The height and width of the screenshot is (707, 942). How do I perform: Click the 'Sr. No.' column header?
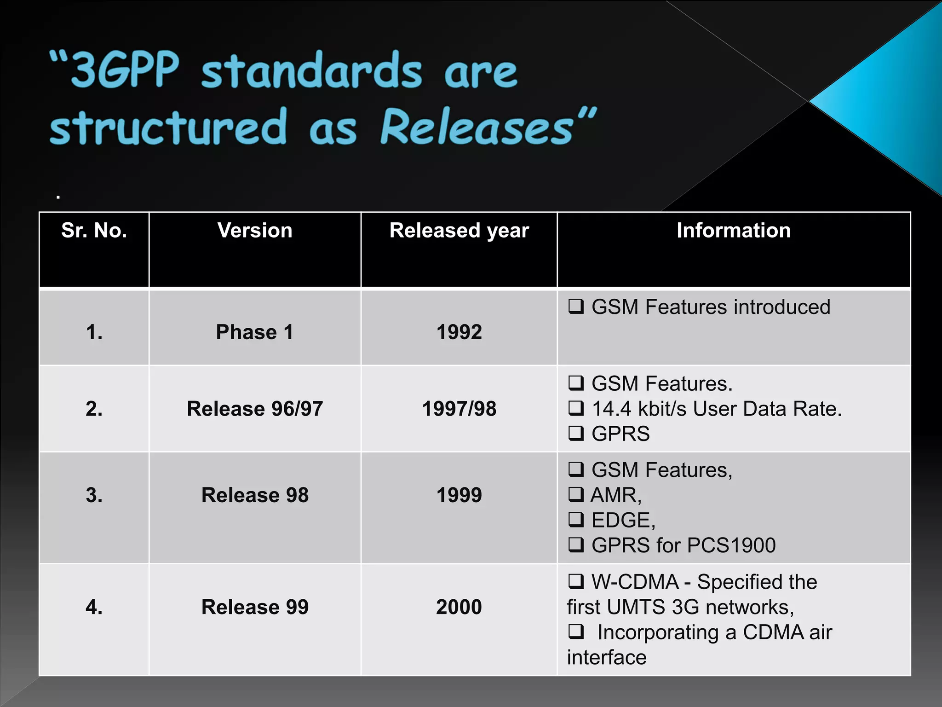pos(94,230)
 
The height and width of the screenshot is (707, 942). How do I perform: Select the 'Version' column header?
pos(255,230)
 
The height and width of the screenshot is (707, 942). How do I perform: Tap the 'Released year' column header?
pos(459,230)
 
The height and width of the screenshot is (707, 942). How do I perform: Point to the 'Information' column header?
pos(734,230)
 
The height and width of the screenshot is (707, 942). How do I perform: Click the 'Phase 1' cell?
pos(255,332)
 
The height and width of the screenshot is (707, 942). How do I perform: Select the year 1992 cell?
pos(459,332)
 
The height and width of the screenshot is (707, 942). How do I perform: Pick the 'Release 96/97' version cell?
pos(255,409)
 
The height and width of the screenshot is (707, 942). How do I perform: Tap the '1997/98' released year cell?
pos(459,409)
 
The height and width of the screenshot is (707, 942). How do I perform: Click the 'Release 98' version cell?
pos(255,495)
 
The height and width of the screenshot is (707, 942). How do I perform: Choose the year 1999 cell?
pos(459,495)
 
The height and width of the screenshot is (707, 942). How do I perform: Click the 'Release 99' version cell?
pos(255,607)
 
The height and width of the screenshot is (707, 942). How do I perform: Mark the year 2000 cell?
pos(459,607)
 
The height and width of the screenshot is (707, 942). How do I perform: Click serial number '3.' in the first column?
pos(94,495)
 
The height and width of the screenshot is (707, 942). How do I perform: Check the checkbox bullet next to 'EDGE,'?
pos(576,520)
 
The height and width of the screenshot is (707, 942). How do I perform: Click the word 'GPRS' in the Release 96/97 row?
pos(620,434)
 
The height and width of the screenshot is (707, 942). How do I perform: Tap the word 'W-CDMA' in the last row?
pos(635,582)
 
